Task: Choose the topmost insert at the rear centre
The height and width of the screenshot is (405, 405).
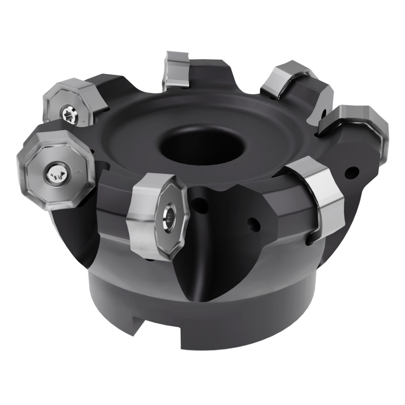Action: tap(175, 69)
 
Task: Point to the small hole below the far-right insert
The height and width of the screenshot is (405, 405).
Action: tap(352, 172)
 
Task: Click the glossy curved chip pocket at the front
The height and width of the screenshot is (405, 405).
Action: tap(221, 245)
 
